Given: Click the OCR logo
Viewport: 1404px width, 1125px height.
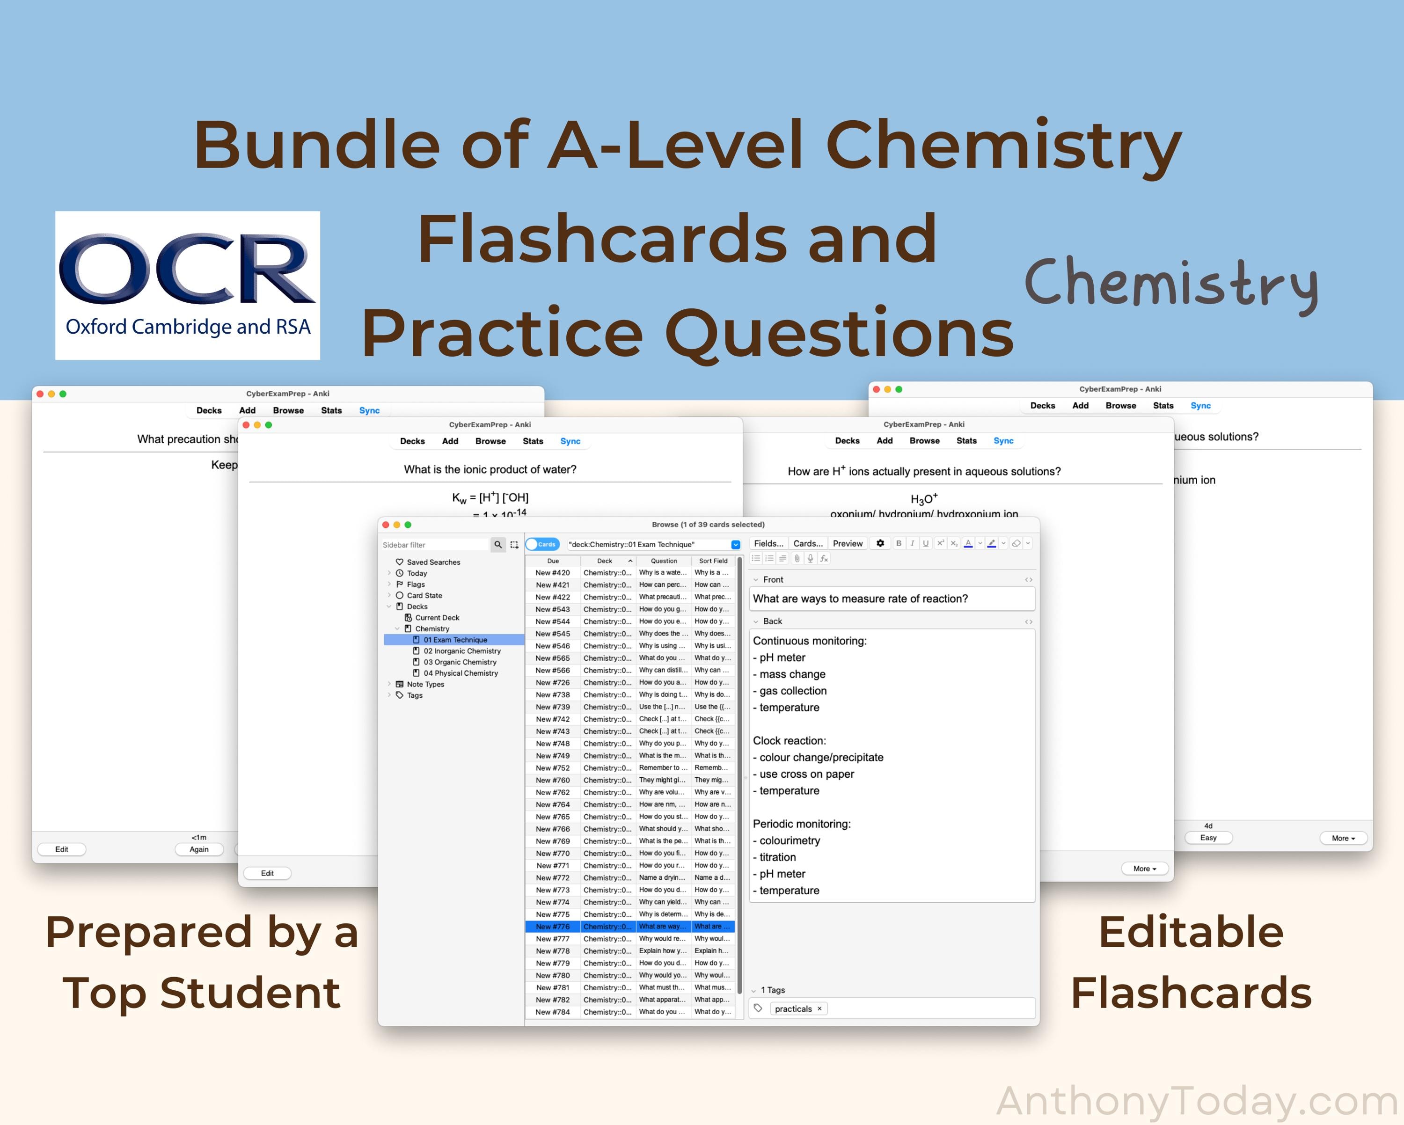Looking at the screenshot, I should coord(188,285).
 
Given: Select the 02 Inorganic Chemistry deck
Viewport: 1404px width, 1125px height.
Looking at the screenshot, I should coord(462,651).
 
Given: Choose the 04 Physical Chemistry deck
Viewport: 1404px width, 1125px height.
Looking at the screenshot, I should coord(461,673).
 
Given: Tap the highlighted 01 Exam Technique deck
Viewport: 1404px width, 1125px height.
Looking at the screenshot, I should coord(455,640).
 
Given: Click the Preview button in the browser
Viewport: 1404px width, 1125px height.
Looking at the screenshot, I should coord(847,544).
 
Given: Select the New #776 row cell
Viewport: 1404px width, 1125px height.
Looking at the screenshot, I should coord(552,927).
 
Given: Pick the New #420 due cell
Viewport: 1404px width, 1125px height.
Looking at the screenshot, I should coord(552,573).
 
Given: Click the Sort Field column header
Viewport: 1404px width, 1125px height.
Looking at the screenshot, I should coord(713,561).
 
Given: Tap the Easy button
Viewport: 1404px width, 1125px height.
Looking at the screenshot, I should coord(1208,838).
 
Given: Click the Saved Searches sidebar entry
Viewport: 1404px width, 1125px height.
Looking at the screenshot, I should coord(433,562).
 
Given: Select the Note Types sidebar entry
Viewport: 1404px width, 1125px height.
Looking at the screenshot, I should coord(425,684).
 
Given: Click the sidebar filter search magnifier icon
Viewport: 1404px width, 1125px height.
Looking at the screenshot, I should coord(498,544).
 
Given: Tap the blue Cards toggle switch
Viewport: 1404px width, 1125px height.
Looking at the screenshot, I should coord(542,544).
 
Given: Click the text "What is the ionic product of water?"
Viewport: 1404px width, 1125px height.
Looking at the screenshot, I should coord(490,469).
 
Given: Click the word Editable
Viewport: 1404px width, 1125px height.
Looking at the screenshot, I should coord(1191,932).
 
